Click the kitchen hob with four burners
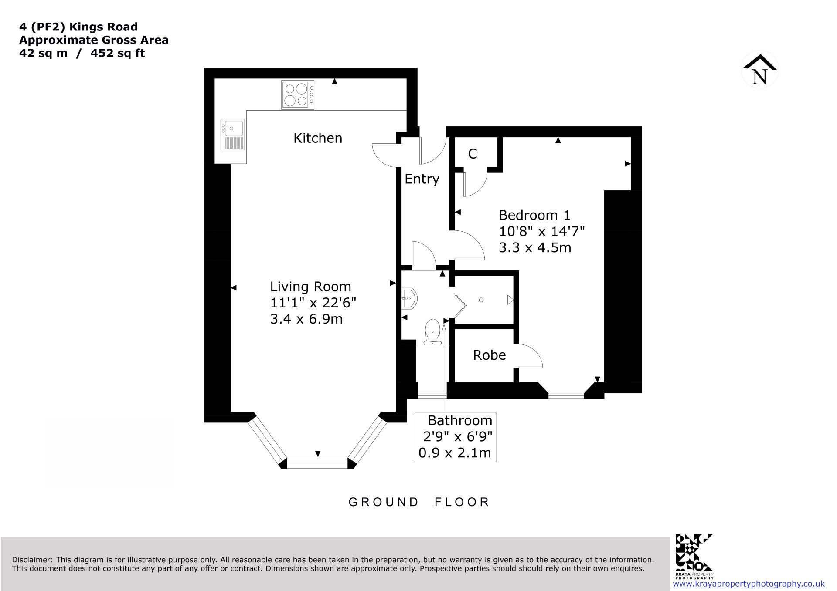[x=298, y=95]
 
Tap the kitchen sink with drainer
[x=232, y=134]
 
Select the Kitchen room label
[x=318, y=138]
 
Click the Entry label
[x=422, y=179]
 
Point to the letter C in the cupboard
[x=473, y=154]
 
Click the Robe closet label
[x=490, y=355]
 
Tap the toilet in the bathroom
[x=432, y=332]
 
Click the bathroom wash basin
[x=409, y=299]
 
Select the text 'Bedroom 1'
[x=534, y=215]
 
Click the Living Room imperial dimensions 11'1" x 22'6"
[x=313, y=303]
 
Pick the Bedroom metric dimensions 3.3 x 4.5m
[x=535, y=247]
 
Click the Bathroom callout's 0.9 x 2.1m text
[x=455, y=453]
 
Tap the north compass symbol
[x=760, y=70]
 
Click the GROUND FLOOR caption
[x=419, y=502]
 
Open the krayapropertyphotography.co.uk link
[x=745, y=584]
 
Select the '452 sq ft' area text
[x=118, y=54]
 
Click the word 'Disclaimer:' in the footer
[x=33, y=560]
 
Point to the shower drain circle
[x=481, y=300]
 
